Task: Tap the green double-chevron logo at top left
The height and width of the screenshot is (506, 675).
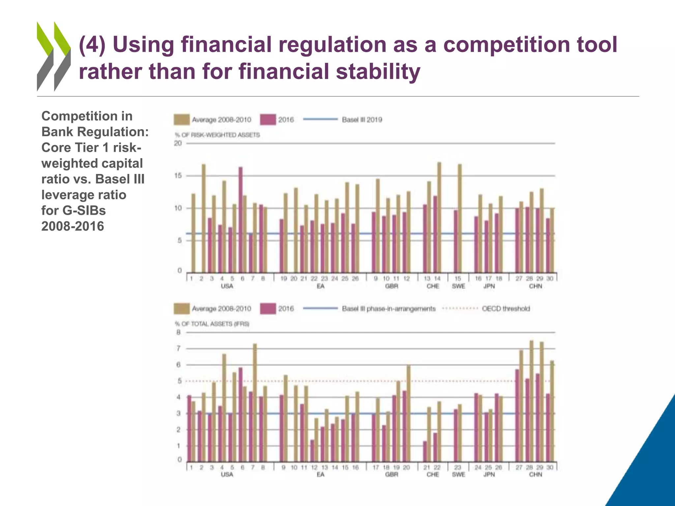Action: [54, 56]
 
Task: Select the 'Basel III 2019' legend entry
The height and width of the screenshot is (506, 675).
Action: [362, 120]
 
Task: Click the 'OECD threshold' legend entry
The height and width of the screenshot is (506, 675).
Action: [506, 309]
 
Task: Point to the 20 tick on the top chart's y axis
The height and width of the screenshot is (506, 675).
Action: [178, 143]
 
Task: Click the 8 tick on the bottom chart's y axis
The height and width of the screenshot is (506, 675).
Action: [179, 332]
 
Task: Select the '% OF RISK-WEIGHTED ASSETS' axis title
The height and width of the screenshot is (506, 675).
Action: [217, 135]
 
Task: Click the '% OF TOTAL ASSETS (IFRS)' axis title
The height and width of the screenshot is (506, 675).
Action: [212, 324]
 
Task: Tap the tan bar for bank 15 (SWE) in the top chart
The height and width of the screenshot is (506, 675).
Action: [459, 217]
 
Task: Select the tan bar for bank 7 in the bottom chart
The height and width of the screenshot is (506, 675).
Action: [255, 402]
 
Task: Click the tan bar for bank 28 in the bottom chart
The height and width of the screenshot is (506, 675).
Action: [531, 400]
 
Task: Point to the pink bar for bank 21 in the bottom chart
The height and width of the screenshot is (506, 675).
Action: [425, 451]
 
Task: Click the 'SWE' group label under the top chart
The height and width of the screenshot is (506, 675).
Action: [458, 286]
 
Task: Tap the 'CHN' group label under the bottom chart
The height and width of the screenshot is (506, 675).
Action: [536, 474]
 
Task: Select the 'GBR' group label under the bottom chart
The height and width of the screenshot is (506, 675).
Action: [392, 474]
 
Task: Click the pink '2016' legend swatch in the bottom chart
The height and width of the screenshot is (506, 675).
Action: [268, 309]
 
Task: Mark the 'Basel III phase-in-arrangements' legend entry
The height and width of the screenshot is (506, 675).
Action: [389, 309]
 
